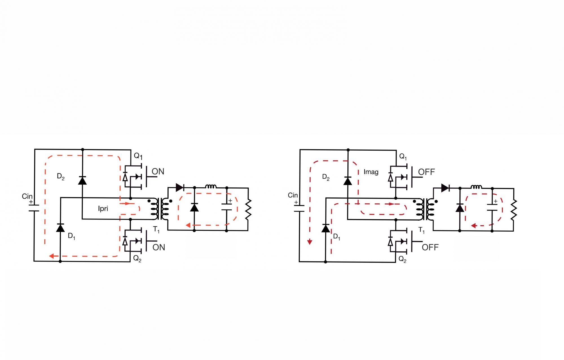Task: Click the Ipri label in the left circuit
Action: coord(103,209)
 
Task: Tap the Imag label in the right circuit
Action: coord(371,172)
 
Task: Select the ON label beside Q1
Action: coord(158,172)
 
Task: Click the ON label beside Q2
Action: coord(158,247)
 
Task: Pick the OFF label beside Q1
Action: coord(426,172)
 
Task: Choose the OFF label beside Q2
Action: coord(430,247)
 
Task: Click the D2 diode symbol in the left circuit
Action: coord(82,180)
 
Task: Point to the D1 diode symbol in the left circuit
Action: coord(60,228)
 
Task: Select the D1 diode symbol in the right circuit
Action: coord(326,228)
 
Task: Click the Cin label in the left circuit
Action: coord(27,196)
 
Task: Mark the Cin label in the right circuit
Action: coord(293,195)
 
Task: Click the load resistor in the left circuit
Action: coord(248,209)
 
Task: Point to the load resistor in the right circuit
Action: coord(514,209)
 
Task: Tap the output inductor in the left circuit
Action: coord(211,186)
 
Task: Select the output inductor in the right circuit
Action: coord(476,186)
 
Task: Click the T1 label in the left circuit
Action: coord(156,230)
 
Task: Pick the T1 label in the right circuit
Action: coord(422,230)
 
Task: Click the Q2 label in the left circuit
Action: coord(137,259)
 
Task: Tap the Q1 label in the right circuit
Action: coord(403,157)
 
